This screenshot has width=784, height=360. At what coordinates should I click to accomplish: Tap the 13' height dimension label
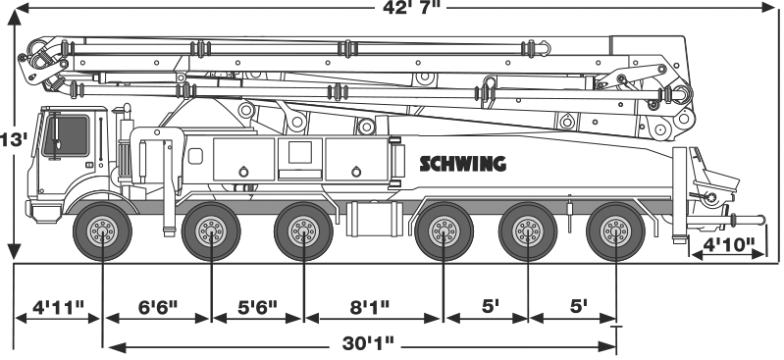13,139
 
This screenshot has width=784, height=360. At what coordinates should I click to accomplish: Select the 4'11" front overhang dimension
59,306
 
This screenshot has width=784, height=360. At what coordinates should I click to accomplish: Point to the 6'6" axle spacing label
158,306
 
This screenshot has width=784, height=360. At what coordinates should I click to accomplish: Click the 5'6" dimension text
257,306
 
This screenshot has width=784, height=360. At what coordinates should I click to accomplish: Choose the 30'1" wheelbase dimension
369,343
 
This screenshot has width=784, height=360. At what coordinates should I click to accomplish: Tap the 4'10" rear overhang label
728,244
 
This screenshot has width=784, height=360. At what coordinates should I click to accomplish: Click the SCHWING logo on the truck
462,164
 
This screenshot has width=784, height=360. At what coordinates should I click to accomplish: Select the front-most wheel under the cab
102,231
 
